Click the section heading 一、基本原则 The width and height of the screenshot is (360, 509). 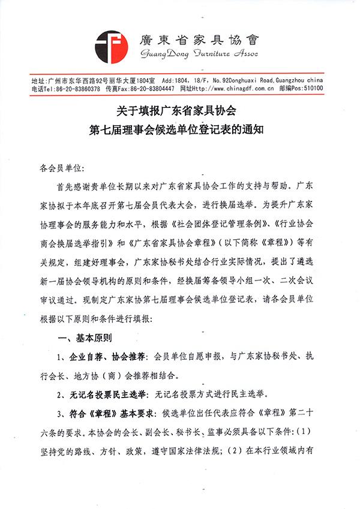coord(89,339)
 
